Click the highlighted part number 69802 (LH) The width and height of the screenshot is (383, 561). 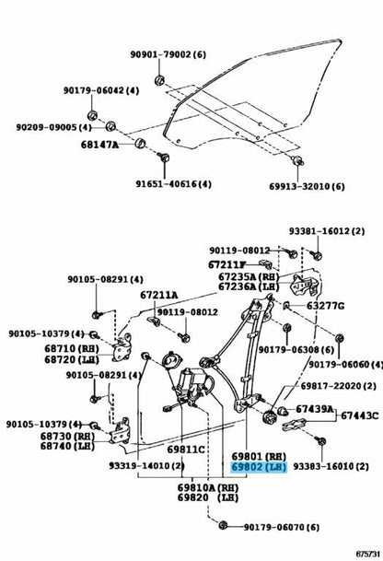tap(260, 467)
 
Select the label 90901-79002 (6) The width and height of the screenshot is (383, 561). tap(168, 54)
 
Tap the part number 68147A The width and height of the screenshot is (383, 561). tap(99, 145)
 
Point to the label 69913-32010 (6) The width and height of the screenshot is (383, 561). tap(307, 186)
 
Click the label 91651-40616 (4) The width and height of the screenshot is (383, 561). tap(173, 184)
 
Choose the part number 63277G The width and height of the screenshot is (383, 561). tap(325, 306)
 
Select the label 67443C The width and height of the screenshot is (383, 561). tap(359, 415)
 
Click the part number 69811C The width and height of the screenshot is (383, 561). tap(186, 450)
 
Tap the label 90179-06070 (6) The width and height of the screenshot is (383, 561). tap(282, 527)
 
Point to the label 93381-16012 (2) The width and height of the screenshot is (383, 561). tap(327, 231)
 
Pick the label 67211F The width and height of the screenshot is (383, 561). tap(227, 264)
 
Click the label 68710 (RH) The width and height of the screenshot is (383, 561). tap(72, 348)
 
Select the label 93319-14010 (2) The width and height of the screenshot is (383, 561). tap(146, 466)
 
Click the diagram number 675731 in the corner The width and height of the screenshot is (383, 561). tap(367, 554)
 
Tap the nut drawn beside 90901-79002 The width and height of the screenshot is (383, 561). tap(159, 80)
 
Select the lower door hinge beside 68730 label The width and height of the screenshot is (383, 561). tap(120, 431)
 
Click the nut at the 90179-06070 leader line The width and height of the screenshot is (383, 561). tap(223, 525)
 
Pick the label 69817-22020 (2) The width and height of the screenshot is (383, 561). tap(338, 386)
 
